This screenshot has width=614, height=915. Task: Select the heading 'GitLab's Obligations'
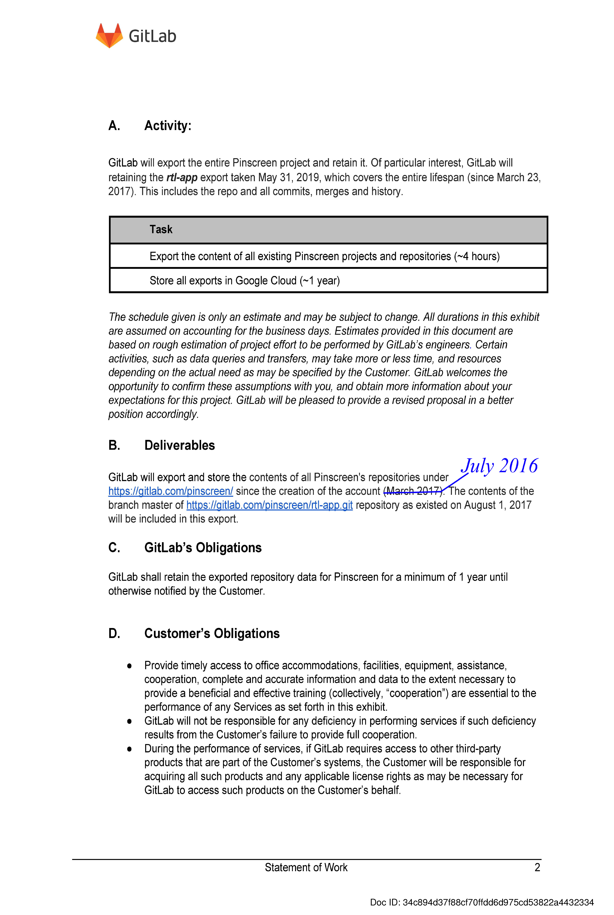tap(203, 548)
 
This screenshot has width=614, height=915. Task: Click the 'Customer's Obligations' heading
tap(212, 633)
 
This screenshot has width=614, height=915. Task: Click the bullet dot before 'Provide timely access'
tap(129, 666)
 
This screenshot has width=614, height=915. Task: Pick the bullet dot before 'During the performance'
tap(129, 749)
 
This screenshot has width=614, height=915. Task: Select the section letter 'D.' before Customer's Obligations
tap(114, 633)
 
